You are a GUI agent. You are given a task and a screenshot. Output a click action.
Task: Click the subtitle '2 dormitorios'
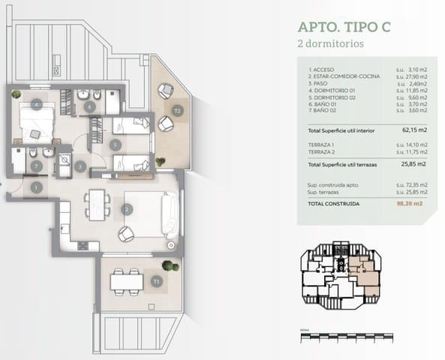coord(325,44)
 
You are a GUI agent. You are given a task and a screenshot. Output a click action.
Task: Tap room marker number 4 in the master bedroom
coord(35,106)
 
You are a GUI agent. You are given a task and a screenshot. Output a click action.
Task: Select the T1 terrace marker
coord(156,281)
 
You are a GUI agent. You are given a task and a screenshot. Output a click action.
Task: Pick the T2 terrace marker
coord(177,111)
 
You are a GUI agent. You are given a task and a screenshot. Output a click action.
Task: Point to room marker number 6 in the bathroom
coord(90,107)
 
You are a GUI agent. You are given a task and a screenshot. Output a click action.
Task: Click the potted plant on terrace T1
coord(169,265)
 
